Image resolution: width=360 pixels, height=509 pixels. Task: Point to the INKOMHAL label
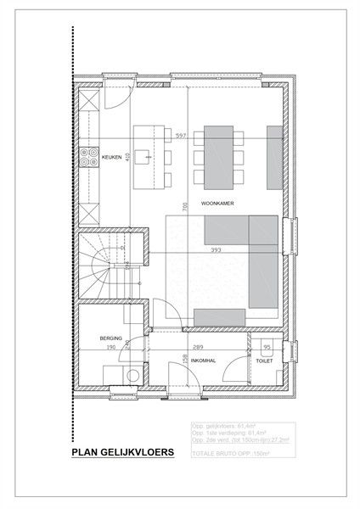pyautogui.click(x=202, y=360)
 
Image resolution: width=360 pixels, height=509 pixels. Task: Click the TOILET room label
pyautogui.click(x=263, y=360)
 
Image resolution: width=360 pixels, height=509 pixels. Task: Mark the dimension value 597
pyautogui.click(x=180, y=136)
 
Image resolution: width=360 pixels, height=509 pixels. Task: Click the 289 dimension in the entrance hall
pyautogui.click(x=197, y=347)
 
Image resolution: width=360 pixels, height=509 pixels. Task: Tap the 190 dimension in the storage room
pyautogui.click(x=110, y=347)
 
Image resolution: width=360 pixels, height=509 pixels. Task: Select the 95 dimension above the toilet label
pyautogui.click(x=267, y=347)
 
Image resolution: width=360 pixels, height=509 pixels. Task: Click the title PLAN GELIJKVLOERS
pyautogui.click(x=123, y=454)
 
